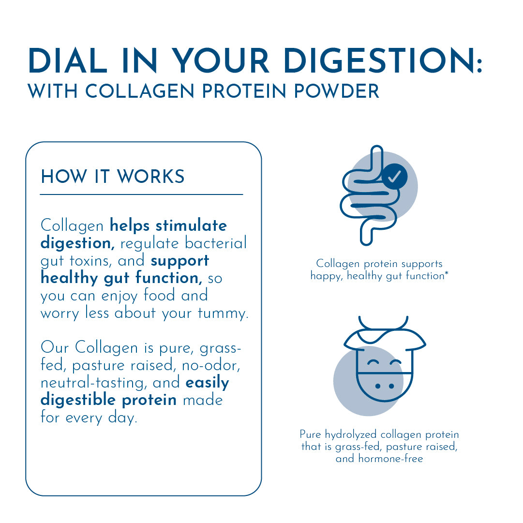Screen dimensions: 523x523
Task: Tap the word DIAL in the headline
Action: (x=68, y=62)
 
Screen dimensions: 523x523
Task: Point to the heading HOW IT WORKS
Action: (x=113, y=177)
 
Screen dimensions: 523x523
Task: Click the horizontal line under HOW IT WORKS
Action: (x=141, y=194)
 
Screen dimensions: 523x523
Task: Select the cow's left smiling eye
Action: (x=373, y=362)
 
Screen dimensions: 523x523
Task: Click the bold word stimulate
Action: (x=191, y=226)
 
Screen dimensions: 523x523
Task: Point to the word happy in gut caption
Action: (x=327, y=276)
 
